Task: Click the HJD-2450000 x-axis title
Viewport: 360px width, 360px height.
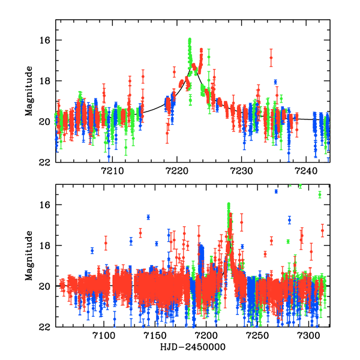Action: click(192, 347)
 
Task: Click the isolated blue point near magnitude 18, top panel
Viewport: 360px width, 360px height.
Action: click(275, 82)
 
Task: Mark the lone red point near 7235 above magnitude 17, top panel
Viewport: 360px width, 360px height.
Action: click(271, 58)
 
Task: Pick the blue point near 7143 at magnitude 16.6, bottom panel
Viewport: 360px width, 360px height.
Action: click(148, 217)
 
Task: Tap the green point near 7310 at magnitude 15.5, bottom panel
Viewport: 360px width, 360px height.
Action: click(320, 194)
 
